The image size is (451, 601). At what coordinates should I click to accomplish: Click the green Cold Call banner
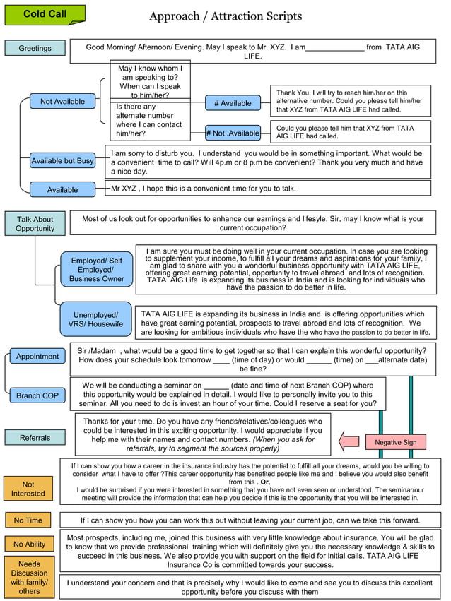[45, 14]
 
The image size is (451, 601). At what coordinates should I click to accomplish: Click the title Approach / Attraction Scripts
[225, 16]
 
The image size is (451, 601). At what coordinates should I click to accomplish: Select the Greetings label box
[35, 48]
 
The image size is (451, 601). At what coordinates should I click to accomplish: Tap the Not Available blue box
[62, 102]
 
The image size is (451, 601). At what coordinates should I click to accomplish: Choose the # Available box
[233, 103]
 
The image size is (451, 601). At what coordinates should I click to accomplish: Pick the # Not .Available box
[233, 133]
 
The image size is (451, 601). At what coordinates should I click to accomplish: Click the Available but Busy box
[62, 161]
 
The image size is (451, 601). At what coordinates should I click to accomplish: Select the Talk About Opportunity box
[35, 224]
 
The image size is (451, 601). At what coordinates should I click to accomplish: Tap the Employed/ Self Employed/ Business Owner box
[96, 270]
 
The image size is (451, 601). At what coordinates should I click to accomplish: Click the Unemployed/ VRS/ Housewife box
[95, 319]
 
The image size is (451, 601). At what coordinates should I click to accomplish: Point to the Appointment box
[37, 357]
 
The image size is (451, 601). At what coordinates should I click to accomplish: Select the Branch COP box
[37, 395]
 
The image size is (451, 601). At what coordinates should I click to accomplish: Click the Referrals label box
[35, 438]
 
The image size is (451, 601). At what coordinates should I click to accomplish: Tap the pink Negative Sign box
[395, 442]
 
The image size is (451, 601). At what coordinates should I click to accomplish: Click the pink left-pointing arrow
[349, 443]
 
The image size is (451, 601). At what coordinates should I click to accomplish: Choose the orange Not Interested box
[28, 489]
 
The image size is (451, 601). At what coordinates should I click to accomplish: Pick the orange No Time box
[28, 520]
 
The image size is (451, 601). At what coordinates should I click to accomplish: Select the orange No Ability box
[29, 544]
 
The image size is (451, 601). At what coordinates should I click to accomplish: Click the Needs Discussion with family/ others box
[29, 578]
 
